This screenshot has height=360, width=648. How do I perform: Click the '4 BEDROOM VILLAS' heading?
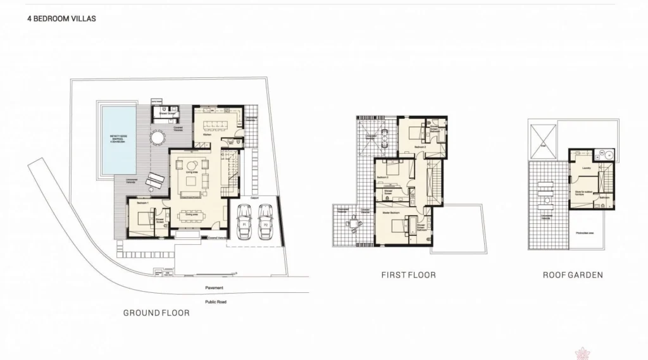pyautogui.click(x=61, y=19)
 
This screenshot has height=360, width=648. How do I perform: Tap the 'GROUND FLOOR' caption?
pyautogui.click(x=156, y=313)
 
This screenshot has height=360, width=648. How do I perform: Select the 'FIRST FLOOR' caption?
pyautogui.click(x=408, y=275)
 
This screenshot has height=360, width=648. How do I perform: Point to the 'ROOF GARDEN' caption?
pyautogui.click(x=573, y=275)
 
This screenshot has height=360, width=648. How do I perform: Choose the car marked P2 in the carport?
pyautogui.click(x=266, y=223)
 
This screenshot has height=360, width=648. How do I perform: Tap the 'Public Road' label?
pyautogui.click(x=215, y=302)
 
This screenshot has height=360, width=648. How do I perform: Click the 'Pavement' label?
pyautogui.click(x=215, y=288)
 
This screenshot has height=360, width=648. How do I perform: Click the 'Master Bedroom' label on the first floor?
pyautogui.click(x=390, y=213)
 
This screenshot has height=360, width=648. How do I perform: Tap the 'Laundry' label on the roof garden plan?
pyautogui.click(x=586, y=168)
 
